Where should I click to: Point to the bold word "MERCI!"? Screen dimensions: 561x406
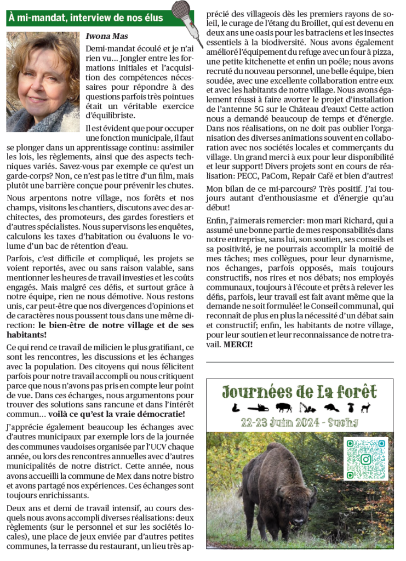pos(238,345)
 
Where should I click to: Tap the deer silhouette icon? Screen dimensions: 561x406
pos(365,408)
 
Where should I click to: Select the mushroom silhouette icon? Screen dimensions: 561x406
pos(349,407)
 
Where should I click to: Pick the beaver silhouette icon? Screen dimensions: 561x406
pos(330,408)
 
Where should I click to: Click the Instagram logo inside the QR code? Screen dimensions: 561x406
pos(365,459)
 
